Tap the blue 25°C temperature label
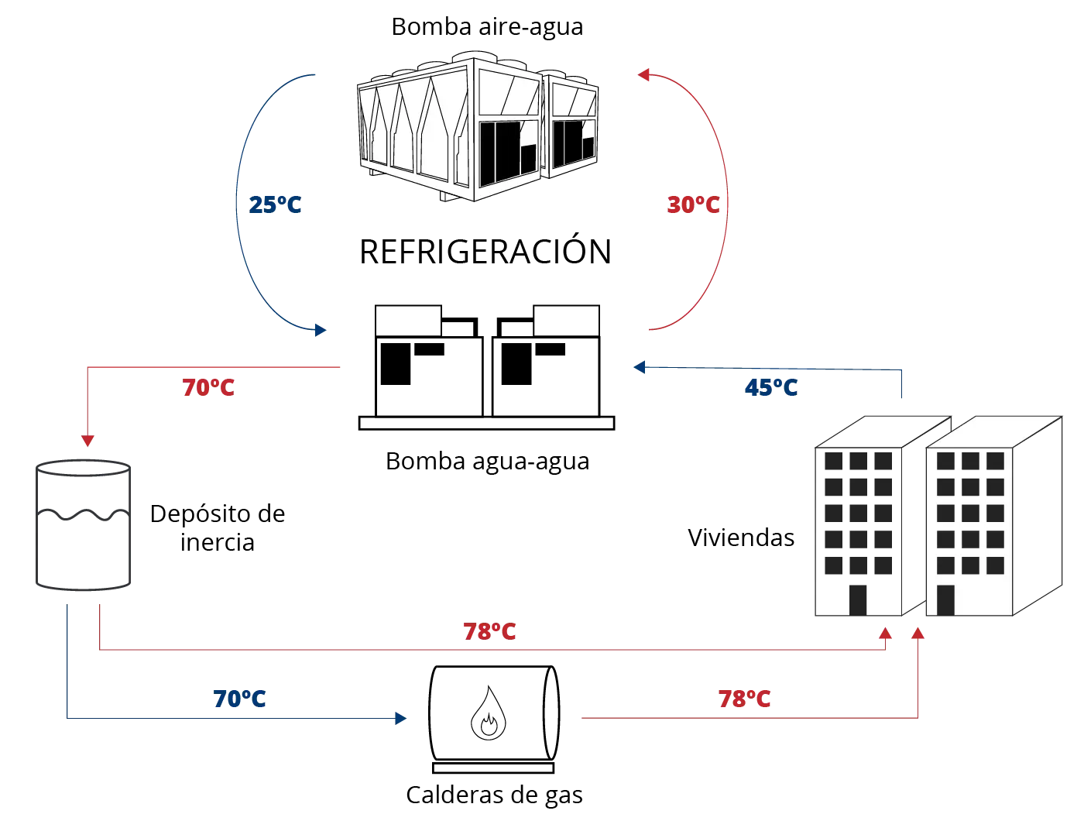(x=275, y=206)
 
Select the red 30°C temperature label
(x=694, y=205)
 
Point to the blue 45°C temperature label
(x=770, y=387)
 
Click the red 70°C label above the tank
(x=208, y=387)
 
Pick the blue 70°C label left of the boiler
(x=238, y=700)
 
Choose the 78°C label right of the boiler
(x=746, y=700)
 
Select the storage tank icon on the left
(x=84, y=527)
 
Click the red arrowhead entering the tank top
(x=89, y=442)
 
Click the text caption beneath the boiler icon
(x=492, y=795)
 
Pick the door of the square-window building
(x=945, y=600)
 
